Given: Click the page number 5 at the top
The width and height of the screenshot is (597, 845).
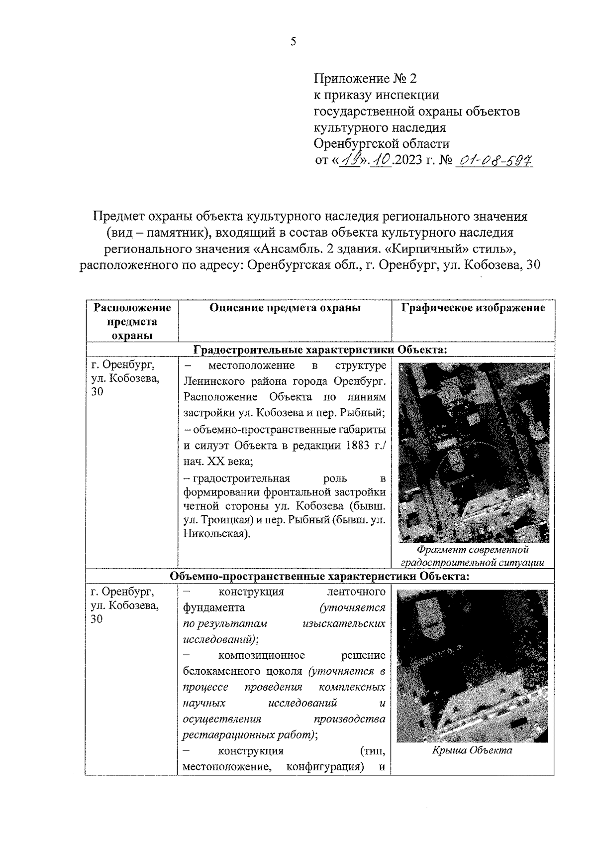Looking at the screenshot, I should pos(294,42).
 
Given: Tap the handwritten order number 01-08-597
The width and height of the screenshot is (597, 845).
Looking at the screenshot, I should pos(494,161).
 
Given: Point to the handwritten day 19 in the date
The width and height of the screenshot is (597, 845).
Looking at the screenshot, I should pos(350,161).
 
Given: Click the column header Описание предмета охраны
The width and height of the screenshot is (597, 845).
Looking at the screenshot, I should pos(285,308).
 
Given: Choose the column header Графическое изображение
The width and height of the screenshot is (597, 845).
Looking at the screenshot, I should pos(473,308).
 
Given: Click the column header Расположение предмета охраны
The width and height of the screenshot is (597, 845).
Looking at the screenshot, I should pos(132,322).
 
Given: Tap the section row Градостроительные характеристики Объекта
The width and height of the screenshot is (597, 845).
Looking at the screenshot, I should pos(320,350).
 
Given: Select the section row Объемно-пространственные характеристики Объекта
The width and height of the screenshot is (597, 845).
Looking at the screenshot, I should pos(319,576).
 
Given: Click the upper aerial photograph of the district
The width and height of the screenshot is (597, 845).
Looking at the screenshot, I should pos(474,452).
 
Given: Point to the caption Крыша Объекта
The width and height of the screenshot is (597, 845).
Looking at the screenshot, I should pos(472,750).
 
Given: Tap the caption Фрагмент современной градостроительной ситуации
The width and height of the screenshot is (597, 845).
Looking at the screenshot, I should pos(472,556).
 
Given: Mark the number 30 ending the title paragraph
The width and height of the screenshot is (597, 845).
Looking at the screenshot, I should pos(532,265).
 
